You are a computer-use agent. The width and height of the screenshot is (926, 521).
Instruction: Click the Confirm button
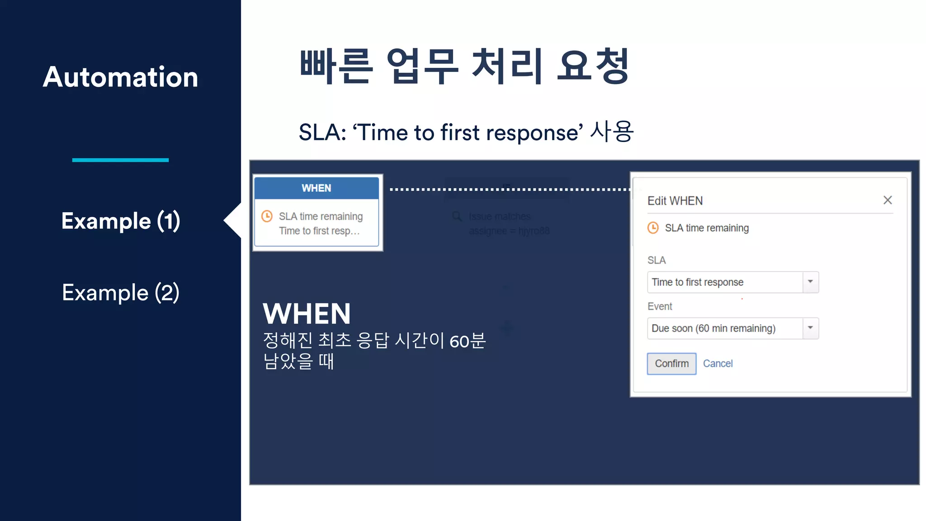(671, 364)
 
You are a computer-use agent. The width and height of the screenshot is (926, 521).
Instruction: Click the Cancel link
(718, 364)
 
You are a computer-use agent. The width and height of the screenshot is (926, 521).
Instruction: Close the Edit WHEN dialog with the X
(888, 200)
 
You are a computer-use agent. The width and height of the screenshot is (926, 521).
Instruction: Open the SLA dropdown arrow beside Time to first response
(810, 282)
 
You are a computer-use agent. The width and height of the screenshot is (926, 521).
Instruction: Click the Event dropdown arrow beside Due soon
(810, 328)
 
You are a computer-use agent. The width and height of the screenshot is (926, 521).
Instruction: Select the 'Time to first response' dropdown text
(698, 282)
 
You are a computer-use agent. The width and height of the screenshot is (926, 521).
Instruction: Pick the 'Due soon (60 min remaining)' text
(713, 328)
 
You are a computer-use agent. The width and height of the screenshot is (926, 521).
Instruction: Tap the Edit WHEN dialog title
(675, 201)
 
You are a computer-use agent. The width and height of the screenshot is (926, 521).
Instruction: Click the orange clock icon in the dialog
(653, 227)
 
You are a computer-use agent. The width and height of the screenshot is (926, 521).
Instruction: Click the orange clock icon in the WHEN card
(267, 216)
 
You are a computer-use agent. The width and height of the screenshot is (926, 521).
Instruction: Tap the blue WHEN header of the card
(317, 188)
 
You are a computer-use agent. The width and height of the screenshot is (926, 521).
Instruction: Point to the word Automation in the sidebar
(121, 77)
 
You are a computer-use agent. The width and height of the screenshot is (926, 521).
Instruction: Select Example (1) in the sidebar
(121, 221)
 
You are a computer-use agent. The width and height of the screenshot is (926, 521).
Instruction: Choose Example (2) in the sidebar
(121, 293)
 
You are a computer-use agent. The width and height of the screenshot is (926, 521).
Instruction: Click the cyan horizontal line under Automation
(120, 160)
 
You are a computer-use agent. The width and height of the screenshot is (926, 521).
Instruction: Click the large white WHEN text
(307, 313)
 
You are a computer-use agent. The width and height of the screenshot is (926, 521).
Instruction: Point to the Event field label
(660, 307)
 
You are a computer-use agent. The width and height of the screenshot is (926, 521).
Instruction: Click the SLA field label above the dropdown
(657, 260)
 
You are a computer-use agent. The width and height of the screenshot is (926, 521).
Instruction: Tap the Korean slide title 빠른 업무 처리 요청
(464, 67)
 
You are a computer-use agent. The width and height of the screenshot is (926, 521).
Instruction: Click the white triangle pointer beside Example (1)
(234, 220)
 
